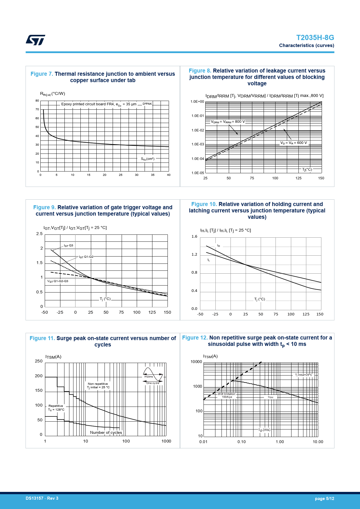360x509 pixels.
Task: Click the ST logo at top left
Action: click(35, 40)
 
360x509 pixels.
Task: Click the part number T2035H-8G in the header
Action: click(315, 38)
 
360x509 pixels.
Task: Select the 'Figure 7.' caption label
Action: click(42, 74)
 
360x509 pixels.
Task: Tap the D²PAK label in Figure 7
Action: click(147, 104)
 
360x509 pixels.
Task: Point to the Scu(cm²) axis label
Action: click(148, 159)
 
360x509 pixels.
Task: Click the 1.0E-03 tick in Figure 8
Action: click(198, 144)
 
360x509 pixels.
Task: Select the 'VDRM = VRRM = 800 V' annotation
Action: click(228, 122)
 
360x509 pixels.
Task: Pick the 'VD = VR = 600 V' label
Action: click(294, 143)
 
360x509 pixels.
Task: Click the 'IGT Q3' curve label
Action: click(69, 246)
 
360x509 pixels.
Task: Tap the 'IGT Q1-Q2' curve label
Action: click(86, 257)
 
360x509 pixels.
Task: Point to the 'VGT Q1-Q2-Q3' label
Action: click(58, 281)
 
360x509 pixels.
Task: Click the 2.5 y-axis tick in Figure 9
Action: click(39, 234)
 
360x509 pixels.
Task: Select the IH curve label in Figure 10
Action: click(219, 246)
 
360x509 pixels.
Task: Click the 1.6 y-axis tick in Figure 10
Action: click(194, 237)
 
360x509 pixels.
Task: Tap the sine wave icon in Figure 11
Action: click(153, 374)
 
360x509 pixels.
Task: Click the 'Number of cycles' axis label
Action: click(106, 432)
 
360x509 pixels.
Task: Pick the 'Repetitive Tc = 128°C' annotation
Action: click(56, 408)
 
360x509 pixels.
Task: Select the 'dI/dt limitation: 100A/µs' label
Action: click(227, 396)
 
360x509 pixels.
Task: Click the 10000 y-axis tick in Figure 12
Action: click(196, 362)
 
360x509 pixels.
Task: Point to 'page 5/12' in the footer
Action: click(324, 499)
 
